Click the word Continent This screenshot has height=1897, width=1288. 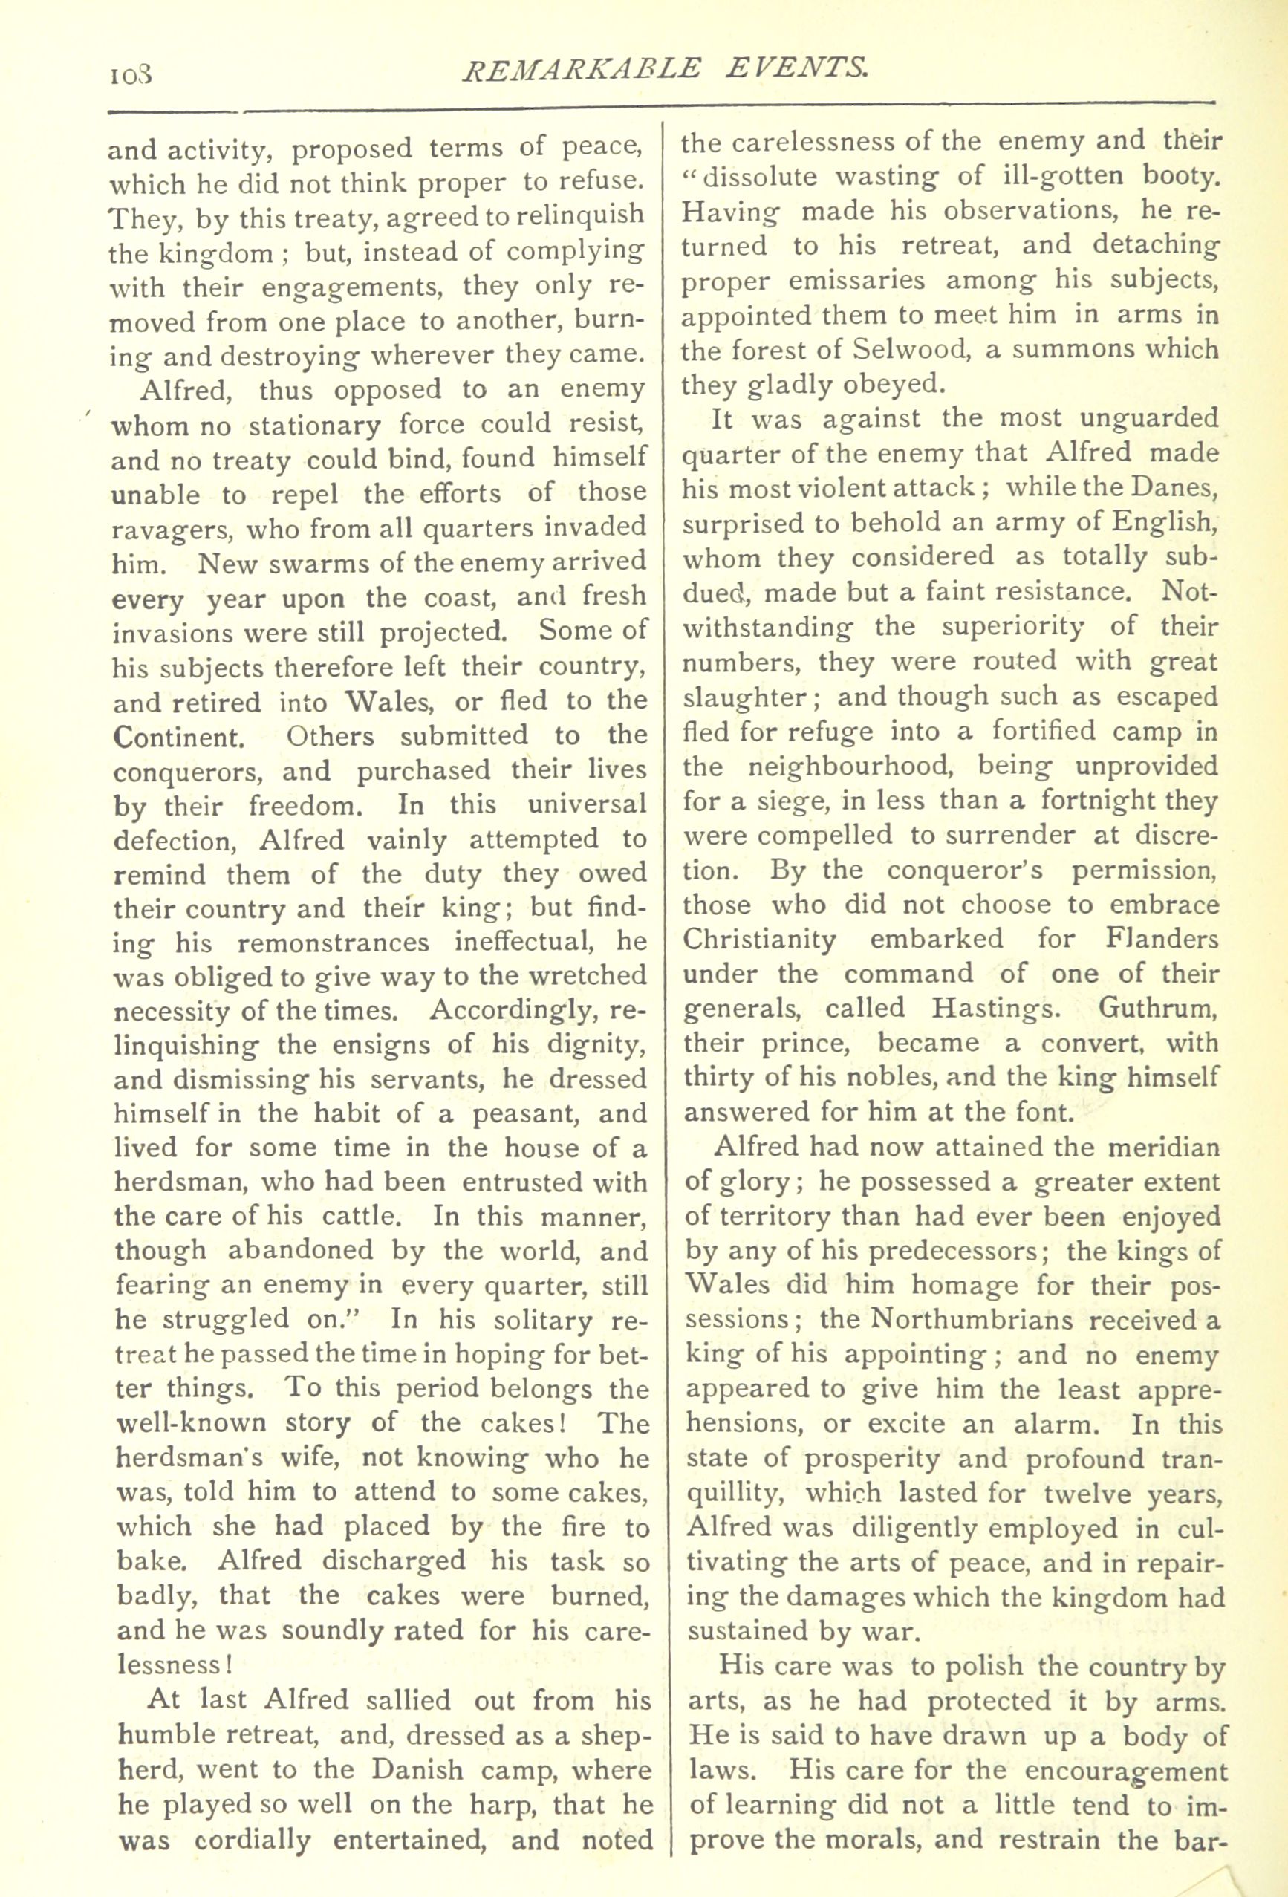(176, 737)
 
